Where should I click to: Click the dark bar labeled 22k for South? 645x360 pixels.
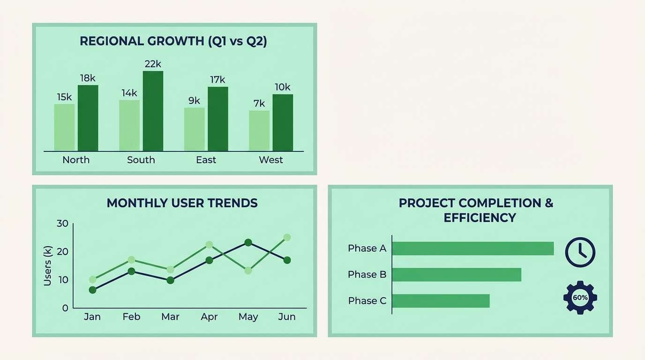tap(153, 111)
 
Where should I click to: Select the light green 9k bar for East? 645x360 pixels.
tap(194, 129)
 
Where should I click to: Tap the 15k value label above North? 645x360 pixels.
tap(64, 97)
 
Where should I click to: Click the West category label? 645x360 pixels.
tap(270, 160)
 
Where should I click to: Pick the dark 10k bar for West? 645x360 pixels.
tap(283, 123)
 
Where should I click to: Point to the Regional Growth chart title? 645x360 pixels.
tap(173, 41)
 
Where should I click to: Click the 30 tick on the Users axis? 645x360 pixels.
tap(62, 224)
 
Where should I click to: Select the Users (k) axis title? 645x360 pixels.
tap(47, 266)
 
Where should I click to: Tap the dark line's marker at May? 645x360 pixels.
tap(248, 242)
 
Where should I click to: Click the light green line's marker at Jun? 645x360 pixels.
tap(287, 238)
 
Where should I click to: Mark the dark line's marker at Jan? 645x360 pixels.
tap(92, 290)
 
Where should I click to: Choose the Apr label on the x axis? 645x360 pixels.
tap(209, 317)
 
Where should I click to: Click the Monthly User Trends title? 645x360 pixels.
tap(182, 203)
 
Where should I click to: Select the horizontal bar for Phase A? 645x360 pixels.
tap(472, 248)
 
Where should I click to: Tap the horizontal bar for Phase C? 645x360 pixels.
tap(441, 301)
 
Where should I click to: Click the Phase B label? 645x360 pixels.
tap(367, 275)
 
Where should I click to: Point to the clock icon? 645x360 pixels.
tap(580, 252)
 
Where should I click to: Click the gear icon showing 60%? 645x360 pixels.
tap(580, 297)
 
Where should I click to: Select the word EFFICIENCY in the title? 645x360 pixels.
tap(480, 218)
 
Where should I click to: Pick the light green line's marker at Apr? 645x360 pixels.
tap(209, 245)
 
